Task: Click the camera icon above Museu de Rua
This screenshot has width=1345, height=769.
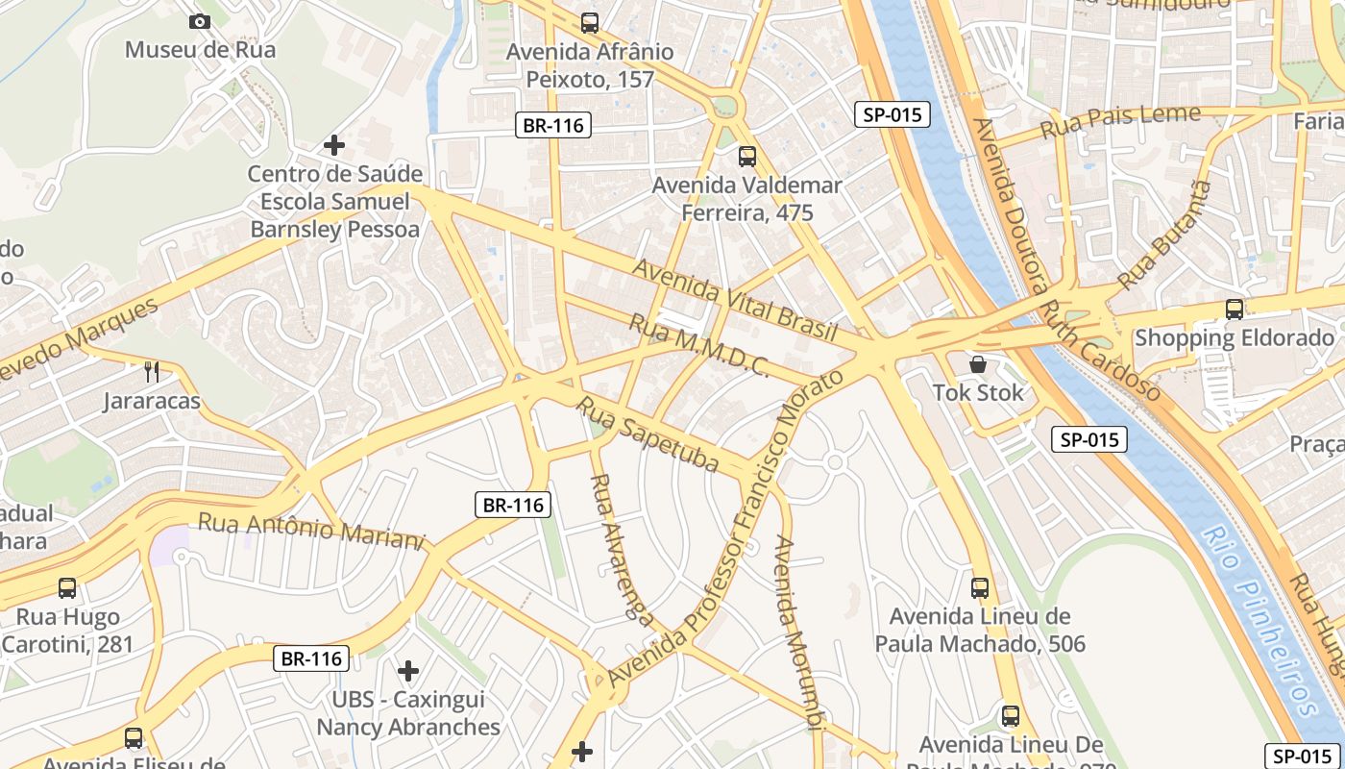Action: (x=200, y=21)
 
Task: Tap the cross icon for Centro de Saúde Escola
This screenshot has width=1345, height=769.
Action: (x=334, y=145)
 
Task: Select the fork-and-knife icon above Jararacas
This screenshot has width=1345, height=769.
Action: (x=152, y=371)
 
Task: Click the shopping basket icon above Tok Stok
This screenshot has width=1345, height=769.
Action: (x=978, y=364)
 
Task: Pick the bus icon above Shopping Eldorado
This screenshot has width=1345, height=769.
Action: (x=1235, y=310)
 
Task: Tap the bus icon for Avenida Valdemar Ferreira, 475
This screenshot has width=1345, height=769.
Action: (x=747, y=156)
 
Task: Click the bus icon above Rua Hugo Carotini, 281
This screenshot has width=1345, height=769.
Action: (x=67, y=587)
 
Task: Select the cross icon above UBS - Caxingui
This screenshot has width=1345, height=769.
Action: (x=408, y=670)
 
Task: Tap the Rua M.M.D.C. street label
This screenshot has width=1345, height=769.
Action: (x=697, y=343)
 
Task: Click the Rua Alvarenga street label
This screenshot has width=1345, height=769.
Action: (x=621, y=547)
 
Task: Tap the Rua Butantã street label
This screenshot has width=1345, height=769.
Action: (x=1165, y=235)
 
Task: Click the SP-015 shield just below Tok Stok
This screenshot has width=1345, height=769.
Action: (x=1088, y=440)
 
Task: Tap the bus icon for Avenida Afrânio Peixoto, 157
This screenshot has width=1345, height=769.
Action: (x=590, y=22)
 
